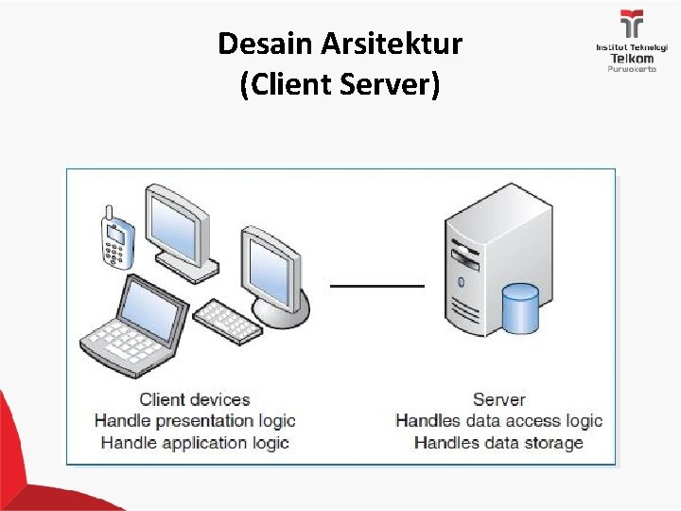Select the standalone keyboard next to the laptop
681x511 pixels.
(x=227, y=321)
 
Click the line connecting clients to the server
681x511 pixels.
(x=377, y=284)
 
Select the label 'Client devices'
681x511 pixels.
(x=195, y=399)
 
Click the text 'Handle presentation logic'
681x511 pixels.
(x=195, y=421)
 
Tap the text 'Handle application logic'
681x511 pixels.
(x=195, y=443)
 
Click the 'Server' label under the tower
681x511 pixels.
(x=498, y=399)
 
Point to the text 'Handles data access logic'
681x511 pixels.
(x=498, y=421)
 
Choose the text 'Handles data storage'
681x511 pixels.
(x=498, y=443)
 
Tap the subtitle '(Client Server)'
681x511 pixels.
(x=340, y=85)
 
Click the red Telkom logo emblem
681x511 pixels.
(x=631, y=23)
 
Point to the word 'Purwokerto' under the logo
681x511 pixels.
(x=631, y=69)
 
